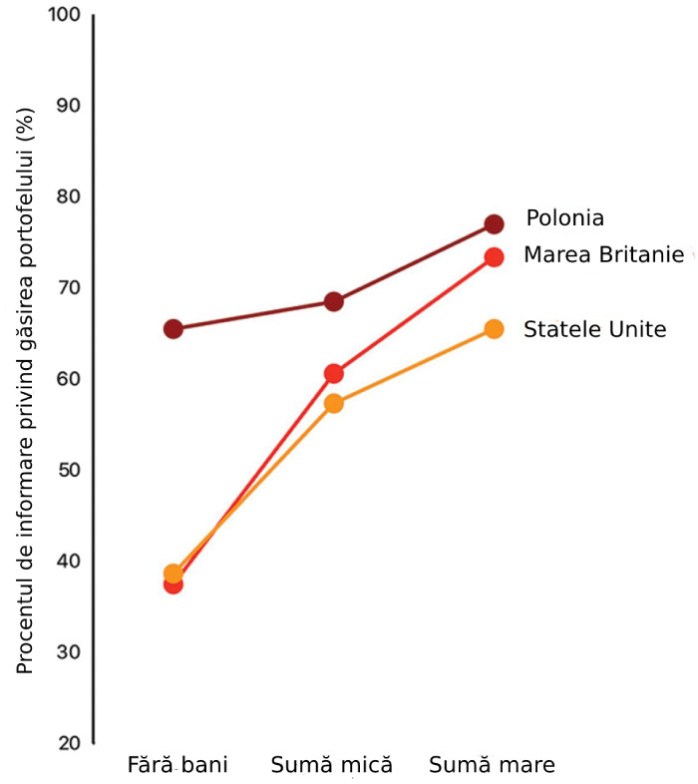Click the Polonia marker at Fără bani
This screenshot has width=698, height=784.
pos(173,329)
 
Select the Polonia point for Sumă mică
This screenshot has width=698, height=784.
pos(333,301)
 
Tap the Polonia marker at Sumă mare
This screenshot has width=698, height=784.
pos(494,224)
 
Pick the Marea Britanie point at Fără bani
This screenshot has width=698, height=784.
pos(173,584)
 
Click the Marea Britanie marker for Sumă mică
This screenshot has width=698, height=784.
pos(333,374)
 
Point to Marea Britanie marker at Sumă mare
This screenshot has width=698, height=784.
pos(494,256)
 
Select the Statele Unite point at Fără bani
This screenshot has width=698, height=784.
pos(173,574)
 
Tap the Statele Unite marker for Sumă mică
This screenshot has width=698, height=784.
pos(333,404)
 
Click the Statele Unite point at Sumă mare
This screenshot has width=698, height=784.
pos(494,329)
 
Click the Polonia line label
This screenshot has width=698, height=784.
pos(565,217)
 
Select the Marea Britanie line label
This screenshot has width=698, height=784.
pos(602,255)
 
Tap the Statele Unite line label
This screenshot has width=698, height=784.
pos(594,329)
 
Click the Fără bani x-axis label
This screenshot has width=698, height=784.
pos(178,766)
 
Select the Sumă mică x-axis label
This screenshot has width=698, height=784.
pos(332,766)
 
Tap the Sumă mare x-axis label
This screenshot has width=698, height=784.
pos(492,766)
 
